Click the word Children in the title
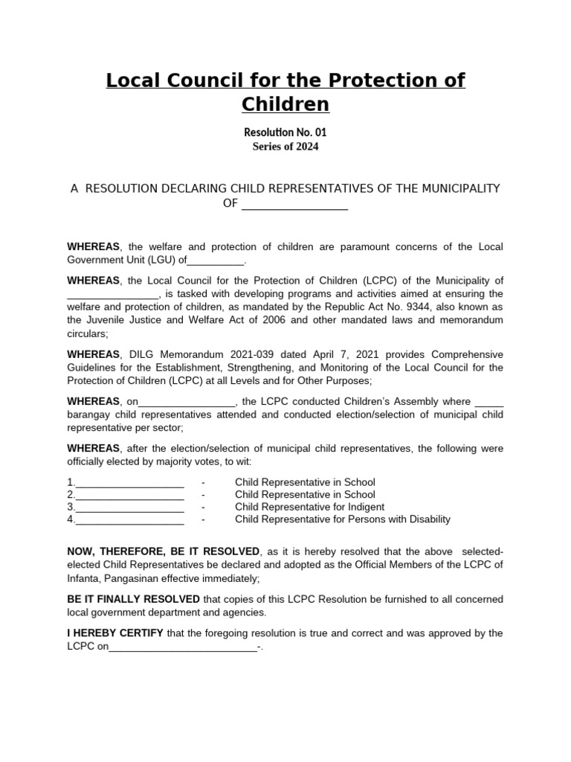click(285, 104)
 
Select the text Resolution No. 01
click(285, 132)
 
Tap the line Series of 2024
click(285, 147)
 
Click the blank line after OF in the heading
click(294, 204)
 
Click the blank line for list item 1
click(129, 482)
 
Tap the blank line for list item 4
click(129, 520)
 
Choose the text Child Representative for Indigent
click(309, 508)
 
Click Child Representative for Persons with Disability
click(342, 520)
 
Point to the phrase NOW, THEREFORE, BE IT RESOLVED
click(164, 551)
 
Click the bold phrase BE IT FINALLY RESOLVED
click(133, 600)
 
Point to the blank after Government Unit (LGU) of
click(215, 260)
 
